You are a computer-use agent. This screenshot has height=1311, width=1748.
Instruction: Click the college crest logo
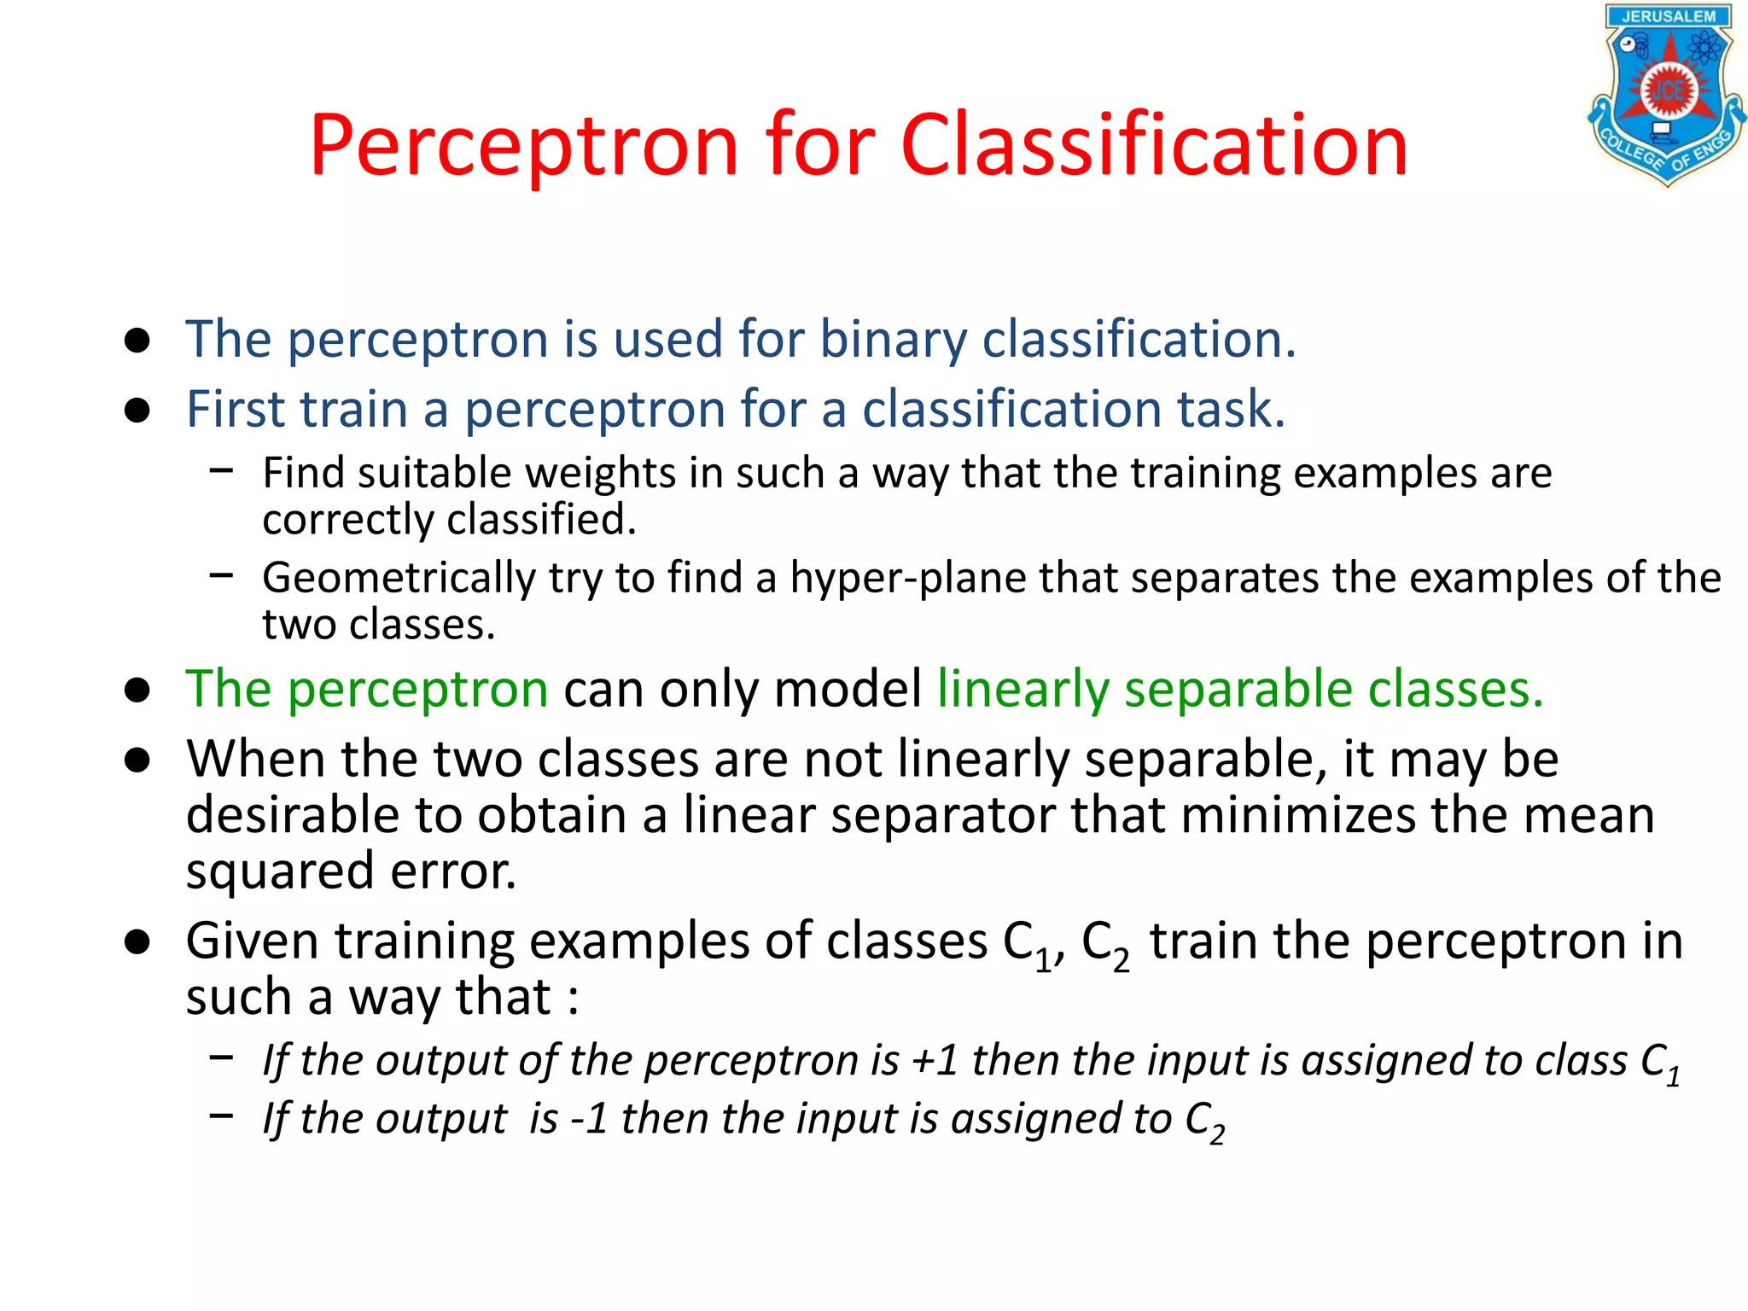(1666, 95)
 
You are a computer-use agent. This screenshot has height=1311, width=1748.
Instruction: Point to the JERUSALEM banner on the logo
(1668, 16)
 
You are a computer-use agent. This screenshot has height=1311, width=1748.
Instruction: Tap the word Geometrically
(399, 578)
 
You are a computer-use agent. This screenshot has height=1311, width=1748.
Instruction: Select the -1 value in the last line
(588, 1119)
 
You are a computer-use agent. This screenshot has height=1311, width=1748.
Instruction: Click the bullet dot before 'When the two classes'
(137, 760)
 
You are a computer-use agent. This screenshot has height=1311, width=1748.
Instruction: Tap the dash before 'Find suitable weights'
(221, 469)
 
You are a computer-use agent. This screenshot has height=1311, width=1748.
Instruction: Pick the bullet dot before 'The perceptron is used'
(137, 340)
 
